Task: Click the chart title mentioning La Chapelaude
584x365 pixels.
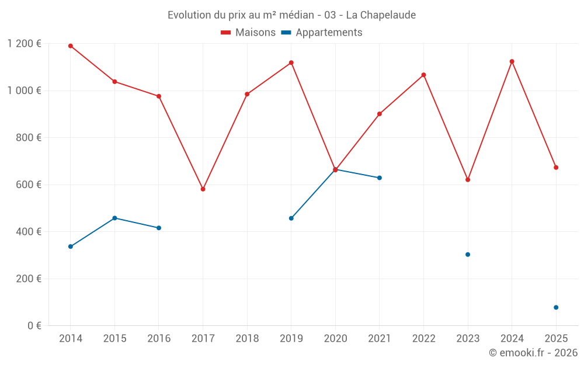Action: click(291, 15)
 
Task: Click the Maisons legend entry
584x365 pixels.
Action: click(248, 33)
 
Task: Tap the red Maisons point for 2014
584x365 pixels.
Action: click(71, 46)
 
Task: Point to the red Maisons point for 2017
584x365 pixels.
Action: click(203, 189)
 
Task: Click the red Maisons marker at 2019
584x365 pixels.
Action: click(291, 62)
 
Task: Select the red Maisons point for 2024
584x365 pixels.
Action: click(512, 61)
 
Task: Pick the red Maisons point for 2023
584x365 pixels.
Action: click(468, 180)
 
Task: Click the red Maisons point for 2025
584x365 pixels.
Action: click(556, 168)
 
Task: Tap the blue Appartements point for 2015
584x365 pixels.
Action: click(114, 218)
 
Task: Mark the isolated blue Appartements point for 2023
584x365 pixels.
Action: click(468, 255)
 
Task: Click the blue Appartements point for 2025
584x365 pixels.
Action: click(556, 307)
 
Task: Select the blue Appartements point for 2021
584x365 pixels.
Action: click(380, 178)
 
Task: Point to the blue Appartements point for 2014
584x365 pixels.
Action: click(71, 246)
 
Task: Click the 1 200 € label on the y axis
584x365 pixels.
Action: click(24, 43)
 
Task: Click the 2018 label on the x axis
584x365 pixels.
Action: click(247, 339)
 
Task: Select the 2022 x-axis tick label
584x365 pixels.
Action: click(423, 339)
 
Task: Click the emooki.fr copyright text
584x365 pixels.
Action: click(533, 353)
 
